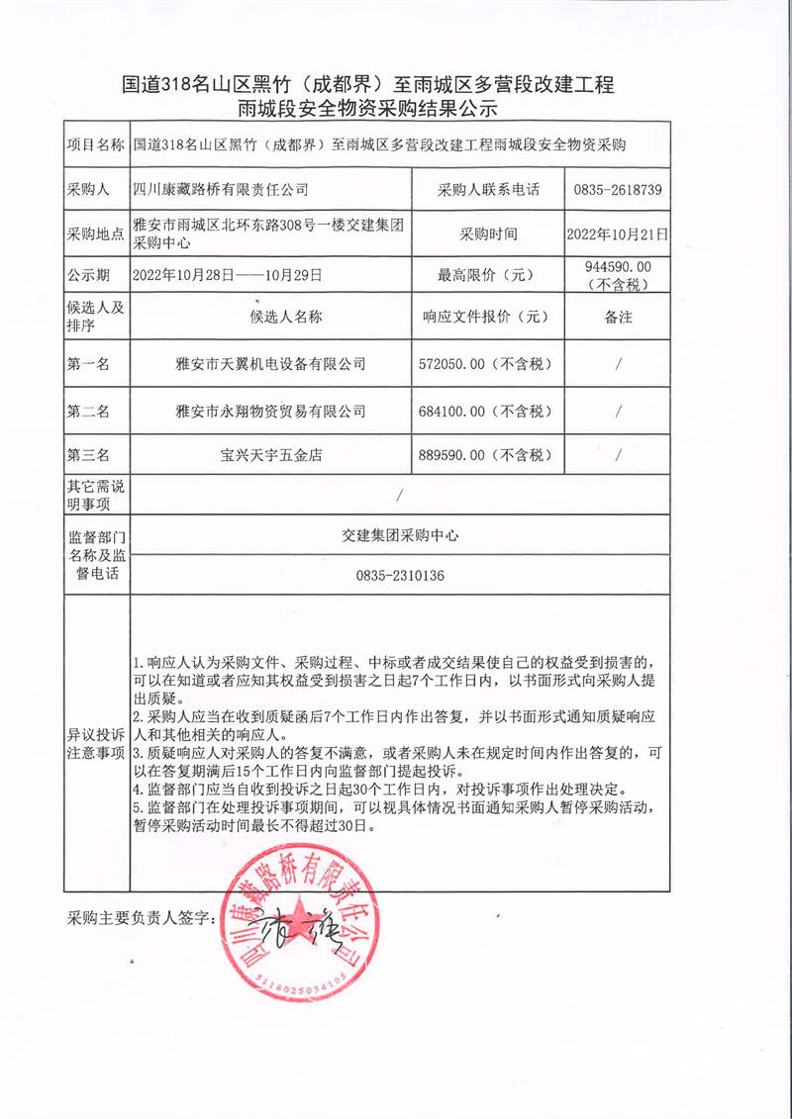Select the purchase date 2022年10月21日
pyautogui.click(x=617, y=235)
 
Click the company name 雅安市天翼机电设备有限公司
pyautogui.click(x=270, y=364)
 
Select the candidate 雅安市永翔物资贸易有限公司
pyautogui.click(x=270, y=410)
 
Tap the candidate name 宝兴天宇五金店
pyautogui.click(x=270, y=455)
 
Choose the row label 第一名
pyautogui.click(x=89, y=364)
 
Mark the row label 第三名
pyautogui.click(x=89, y=455)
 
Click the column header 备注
pyautogui.click(x=617, y=318)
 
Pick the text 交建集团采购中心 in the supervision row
pyautogui.click(x=401, y=535)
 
